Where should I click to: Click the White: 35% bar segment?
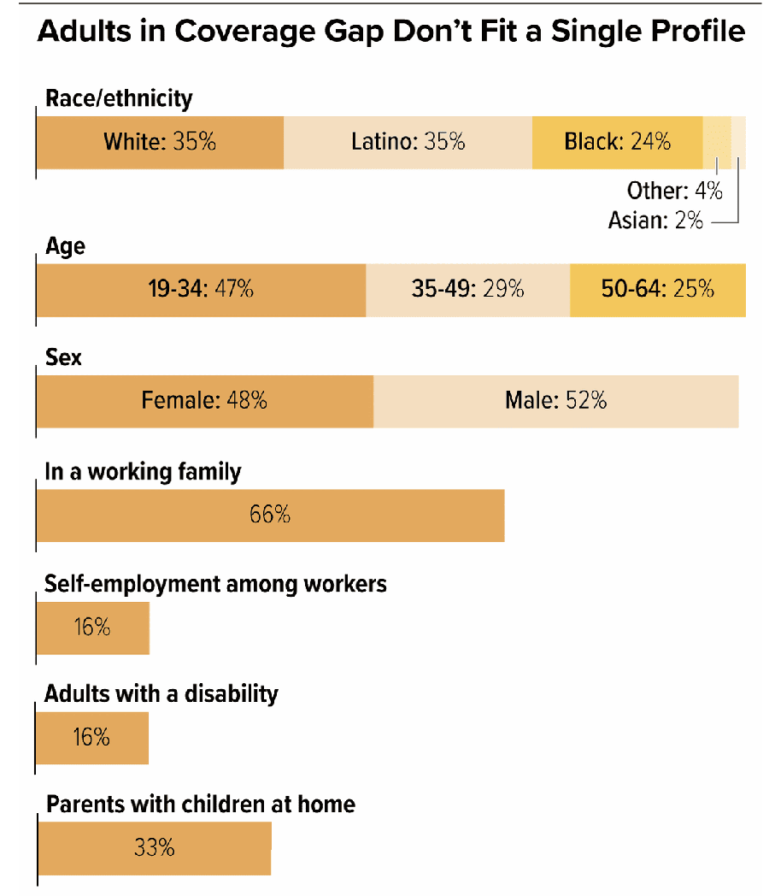point(160,142)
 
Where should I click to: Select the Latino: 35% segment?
point(408,142)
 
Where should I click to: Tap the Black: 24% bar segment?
point(617,142)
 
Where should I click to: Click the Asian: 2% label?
point(655,220)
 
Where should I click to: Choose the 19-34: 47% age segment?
point(201,290)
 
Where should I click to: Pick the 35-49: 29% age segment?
point(467,290)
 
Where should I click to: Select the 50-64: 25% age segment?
point(657,290)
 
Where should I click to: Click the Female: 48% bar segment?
point(204,400)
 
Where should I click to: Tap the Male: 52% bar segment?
point(555,400)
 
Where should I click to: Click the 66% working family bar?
point(270,515)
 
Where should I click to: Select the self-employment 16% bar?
point(92,628)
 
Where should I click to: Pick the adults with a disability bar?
point(92,737)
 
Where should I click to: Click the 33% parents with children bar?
point(154,848)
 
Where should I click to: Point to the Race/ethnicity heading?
point(119,98)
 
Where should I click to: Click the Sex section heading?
point(63,357)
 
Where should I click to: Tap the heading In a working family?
point(143,471)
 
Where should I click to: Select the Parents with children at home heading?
point(200,804)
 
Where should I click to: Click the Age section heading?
point(65,247)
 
